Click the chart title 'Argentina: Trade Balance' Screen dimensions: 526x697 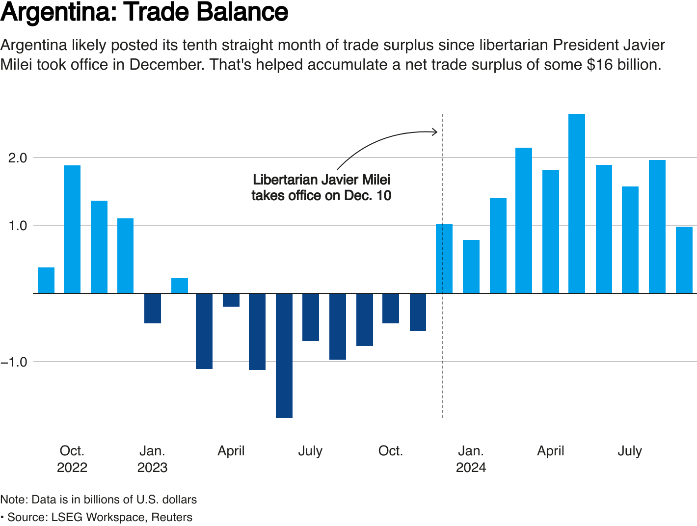[x=144, y=12]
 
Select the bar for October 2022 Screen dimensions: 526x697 [x=72, y=229]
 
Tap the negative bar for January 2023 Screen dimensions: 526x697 [x=153, y=308]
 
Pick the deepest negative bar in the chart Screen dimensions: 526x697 [x=284, y=355]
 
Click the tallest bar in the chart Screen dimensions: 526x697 [x=577, y=204]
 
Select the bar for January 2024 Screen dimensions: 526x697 [x=471, y=266]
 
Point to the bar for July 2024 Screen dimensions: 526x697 [x=630, y=240]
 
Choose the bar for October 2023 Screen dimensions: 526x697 [x=391, y=308]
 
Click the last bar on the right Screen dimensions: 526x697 [x=684, y=260]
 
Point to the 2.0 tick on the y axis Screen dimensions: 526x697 [x=17, y=158]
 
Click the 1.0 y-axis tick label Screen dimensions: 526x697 [x=17, y=226]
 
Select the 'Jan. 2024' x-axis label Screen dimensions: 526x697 [x=471, y=459]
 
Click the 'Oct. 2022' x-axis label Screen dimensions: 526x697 [x=72, y=459]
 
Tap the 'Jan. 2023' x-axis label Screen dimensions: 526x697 [x=153, y=459]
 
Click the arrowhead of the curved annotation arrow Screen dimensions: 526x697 [x=435, y=131]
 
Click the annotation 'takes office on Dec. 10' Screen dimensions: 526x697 [x=322, y=196]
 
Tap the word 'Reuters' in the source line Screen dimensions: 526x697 [x=172, y=517]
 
